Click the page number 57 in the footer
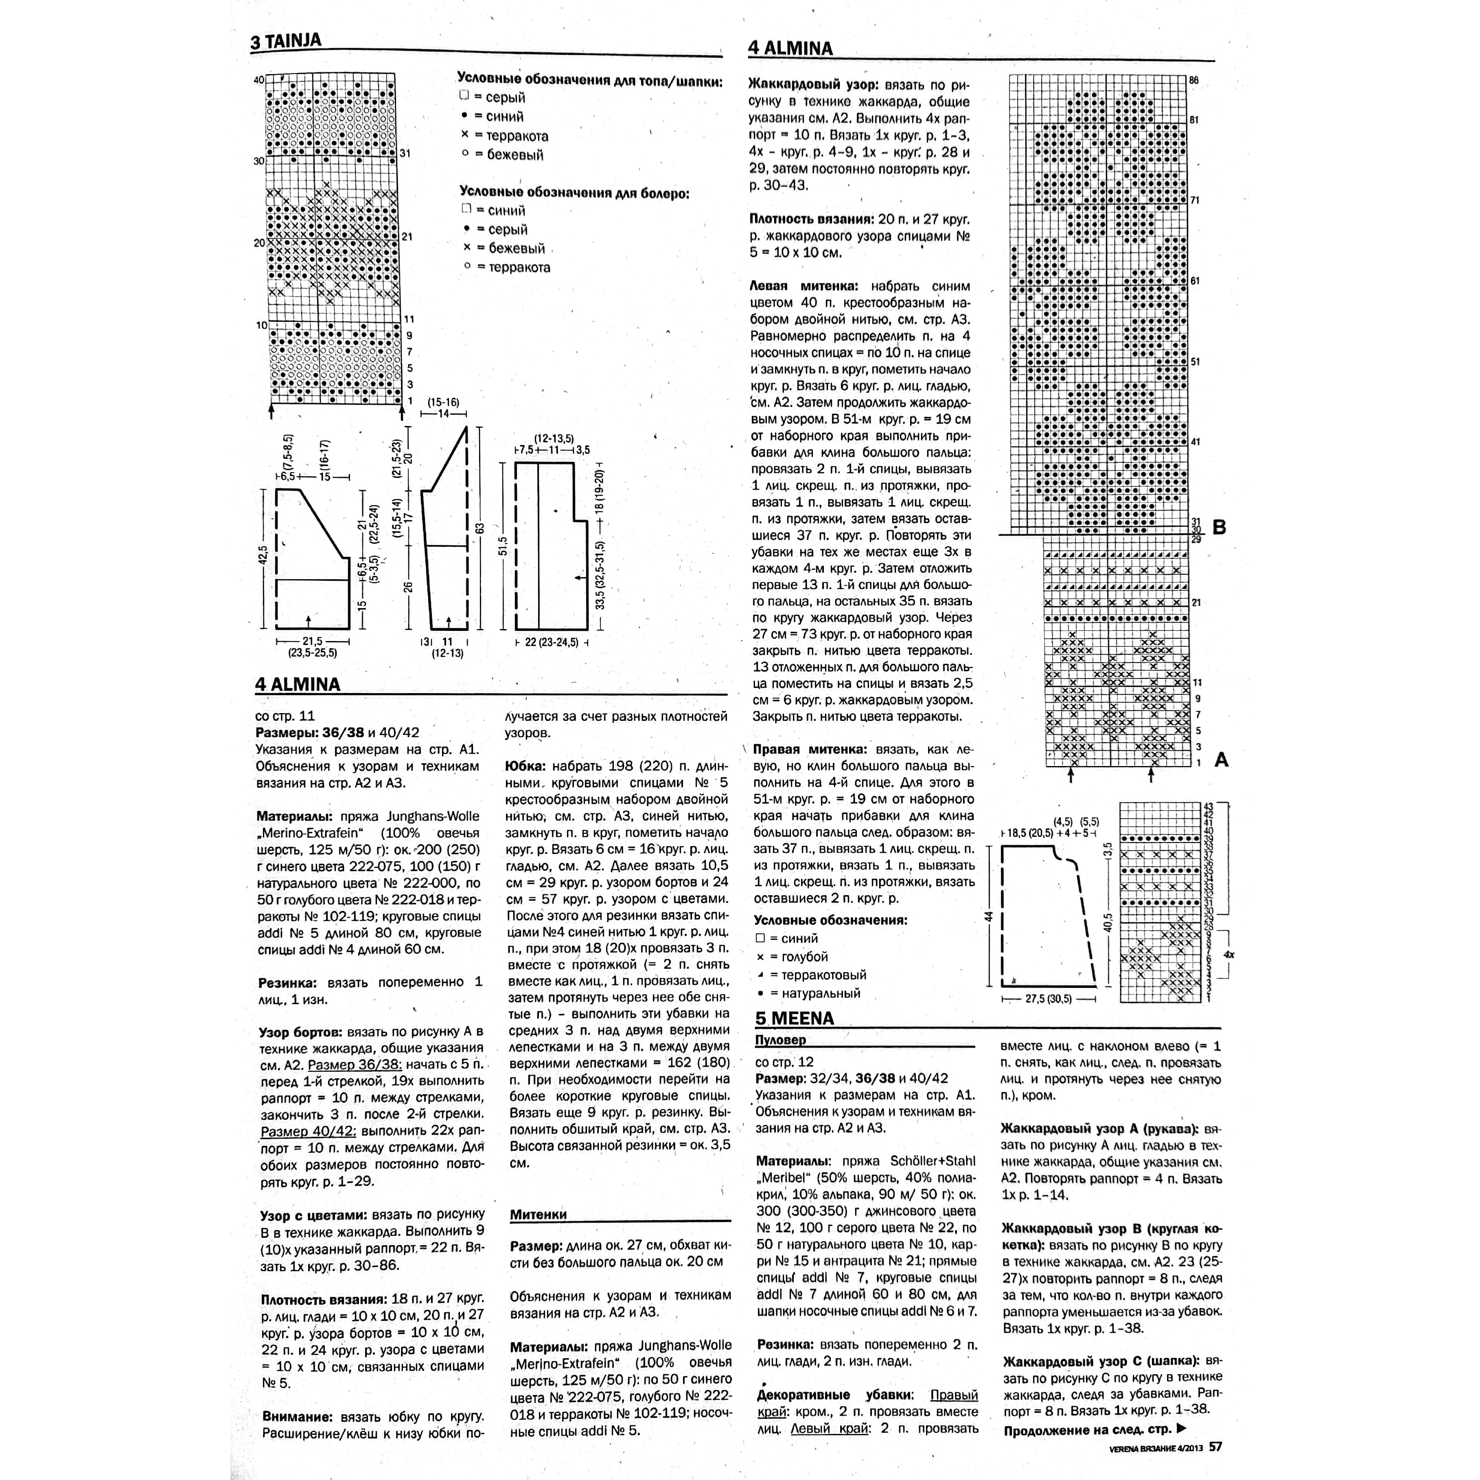1216,1446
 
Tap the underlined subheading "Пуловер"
781,1040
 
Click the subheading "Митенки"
538,1214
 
